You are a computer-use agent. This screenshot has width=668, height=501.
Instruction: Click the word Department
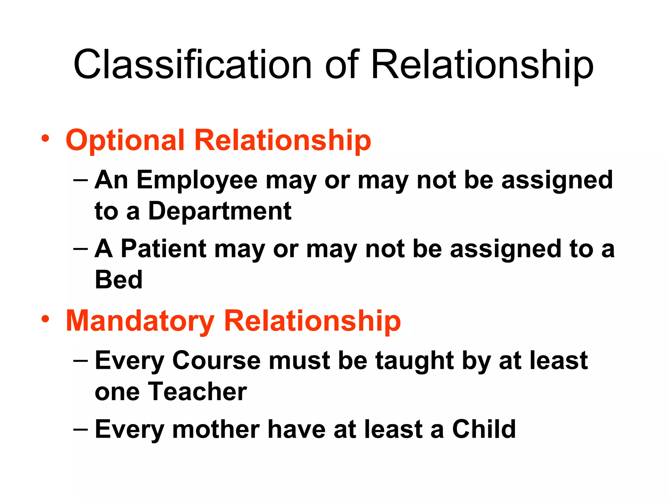click(220, 211)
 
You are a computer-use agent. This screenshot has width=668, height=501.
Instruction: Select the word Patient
click(163, 249)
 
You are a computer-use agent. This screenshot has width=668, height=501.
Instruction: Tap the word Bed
click(118, 280)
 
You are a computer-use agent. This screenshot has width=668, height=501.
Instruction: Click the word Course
click(216, 361)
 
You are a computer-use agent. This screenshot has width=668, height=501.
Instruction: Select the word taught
click(413, 361)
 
